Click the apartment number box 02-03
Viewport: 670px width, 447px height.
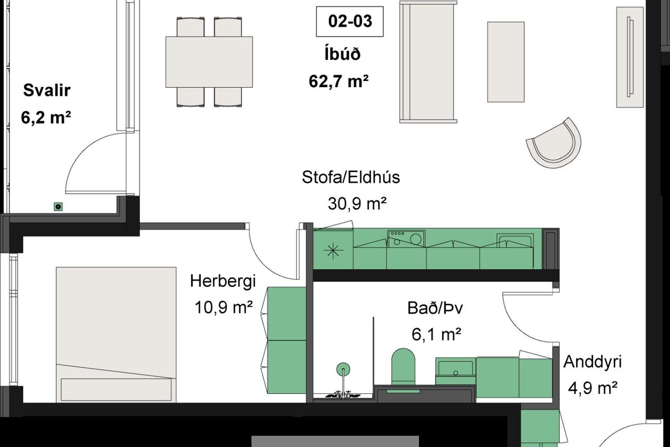[x=349, y=22]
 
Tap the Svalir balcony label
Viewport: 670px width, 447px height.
[x=47, y=90]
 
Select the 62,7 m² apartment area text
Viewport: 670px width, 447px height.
[x=339, y=81]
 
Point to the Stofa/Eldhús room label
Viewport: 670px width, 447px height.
[x=351, y=177]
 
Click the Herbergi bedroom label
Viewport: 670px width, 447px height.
[x=223, y=282]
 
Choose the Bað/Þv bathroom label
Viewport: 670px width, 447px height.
[x=435, y=308]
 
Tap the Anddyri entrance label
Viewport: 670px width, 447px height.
[x=593, y=362]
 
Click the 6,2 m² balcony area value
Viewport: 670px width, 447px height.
[x=46, y=117]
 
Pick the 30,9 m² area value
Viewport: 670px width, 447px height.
[x=357, y=204]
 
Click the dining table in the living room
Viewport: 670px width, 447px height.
[x=209, y=62]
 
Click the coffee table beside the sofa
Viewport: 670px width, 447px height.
[x=506, y=62]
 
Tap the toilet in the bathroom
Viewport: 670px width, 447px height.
[x=403, y=367]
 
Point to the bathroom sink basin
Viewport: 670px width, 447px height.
[x=455, y=368]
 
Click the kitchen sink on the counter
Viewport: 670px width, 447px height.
[x=515, y=241]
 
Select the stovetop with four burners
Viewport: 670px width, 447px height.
[x=406, y=238]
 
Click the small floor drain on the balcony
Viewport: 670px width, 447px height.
[x=58, y=206]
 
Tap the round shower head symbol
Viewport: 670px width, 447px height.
[x=343, y=369]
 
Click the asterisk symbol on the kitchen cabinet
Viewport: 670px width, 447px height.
[x=333, y=251]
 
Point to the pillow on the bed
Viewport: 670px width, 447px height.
[x=116, y=389]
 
